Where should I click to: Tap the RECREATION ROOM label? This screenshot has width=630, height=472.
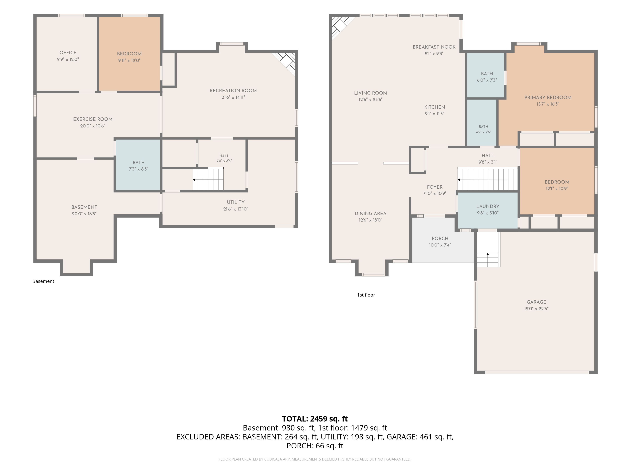(233, 90)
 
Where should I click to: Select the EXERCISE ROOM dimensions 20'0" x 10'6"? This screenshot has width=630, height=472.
(93, 126)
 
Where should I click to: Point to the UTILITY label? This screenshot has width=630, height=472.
(236, 202)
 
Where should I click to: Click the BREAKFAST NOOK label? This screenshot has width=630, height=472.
(434, 47)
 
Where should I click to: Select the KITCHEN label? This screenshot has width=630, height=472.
(435, 107)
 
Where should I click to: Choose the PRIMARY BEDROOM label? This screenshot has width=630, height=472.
(548, 98)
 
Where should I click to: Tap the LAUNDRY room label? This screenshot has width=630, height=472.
(488, 206)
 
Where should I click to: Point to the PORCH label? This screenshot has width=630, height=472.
(440, 238)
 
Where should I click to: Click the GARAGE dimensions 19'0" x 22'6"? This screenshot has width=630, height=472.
(536, 308)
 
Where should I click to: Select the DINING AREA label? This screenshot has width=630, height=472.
(371, 213)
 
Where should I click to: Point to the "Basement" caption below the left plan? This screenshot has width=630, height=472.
(43, 281)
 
